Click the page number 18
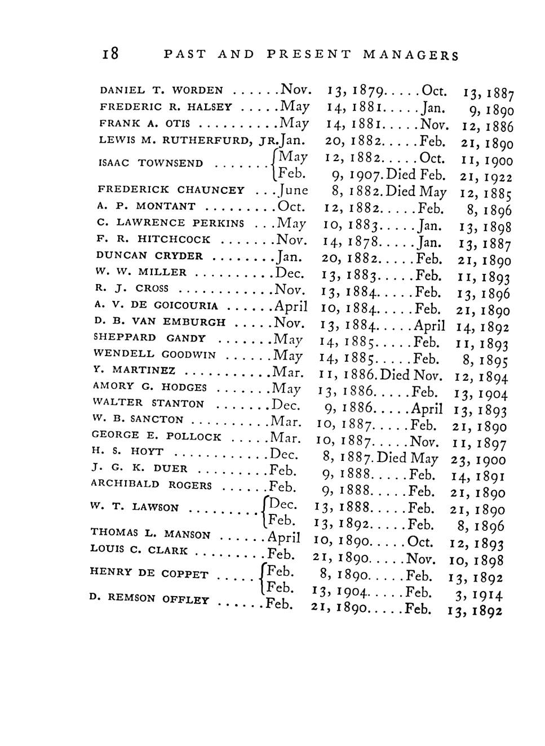(110, 54)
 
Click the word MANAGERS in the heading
(411, 55)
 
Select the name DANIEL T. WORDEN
(161, 90)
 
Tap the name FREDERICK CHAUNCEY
(171, 190)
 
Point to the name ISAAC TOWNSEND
(150, 163)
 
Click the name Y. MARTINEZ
(134, 371)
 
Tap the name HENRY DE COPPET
(149, 574)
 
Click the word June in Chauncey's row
(293, 190)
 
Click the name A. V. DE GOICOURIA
(156, 306)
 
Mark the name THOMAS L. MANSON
(150, 533)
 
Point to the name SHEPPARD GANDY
(149, 338)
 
